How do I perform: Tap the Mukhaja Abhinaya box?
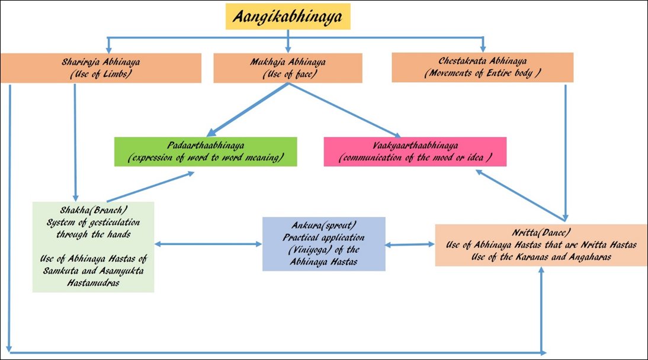click(288, 67)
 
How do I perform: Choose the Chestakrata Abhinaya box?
click(482, 67)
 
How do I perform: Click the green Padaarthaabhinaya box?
click(205, 152)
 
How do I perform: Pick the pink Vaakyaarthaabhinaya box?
click(415, 152)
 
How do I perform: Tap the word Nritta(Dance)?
click(540, 233)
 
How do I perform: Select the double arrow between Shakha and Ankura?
click(208, 243)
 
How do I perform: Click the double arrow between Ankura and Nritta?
click(410, 244)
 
